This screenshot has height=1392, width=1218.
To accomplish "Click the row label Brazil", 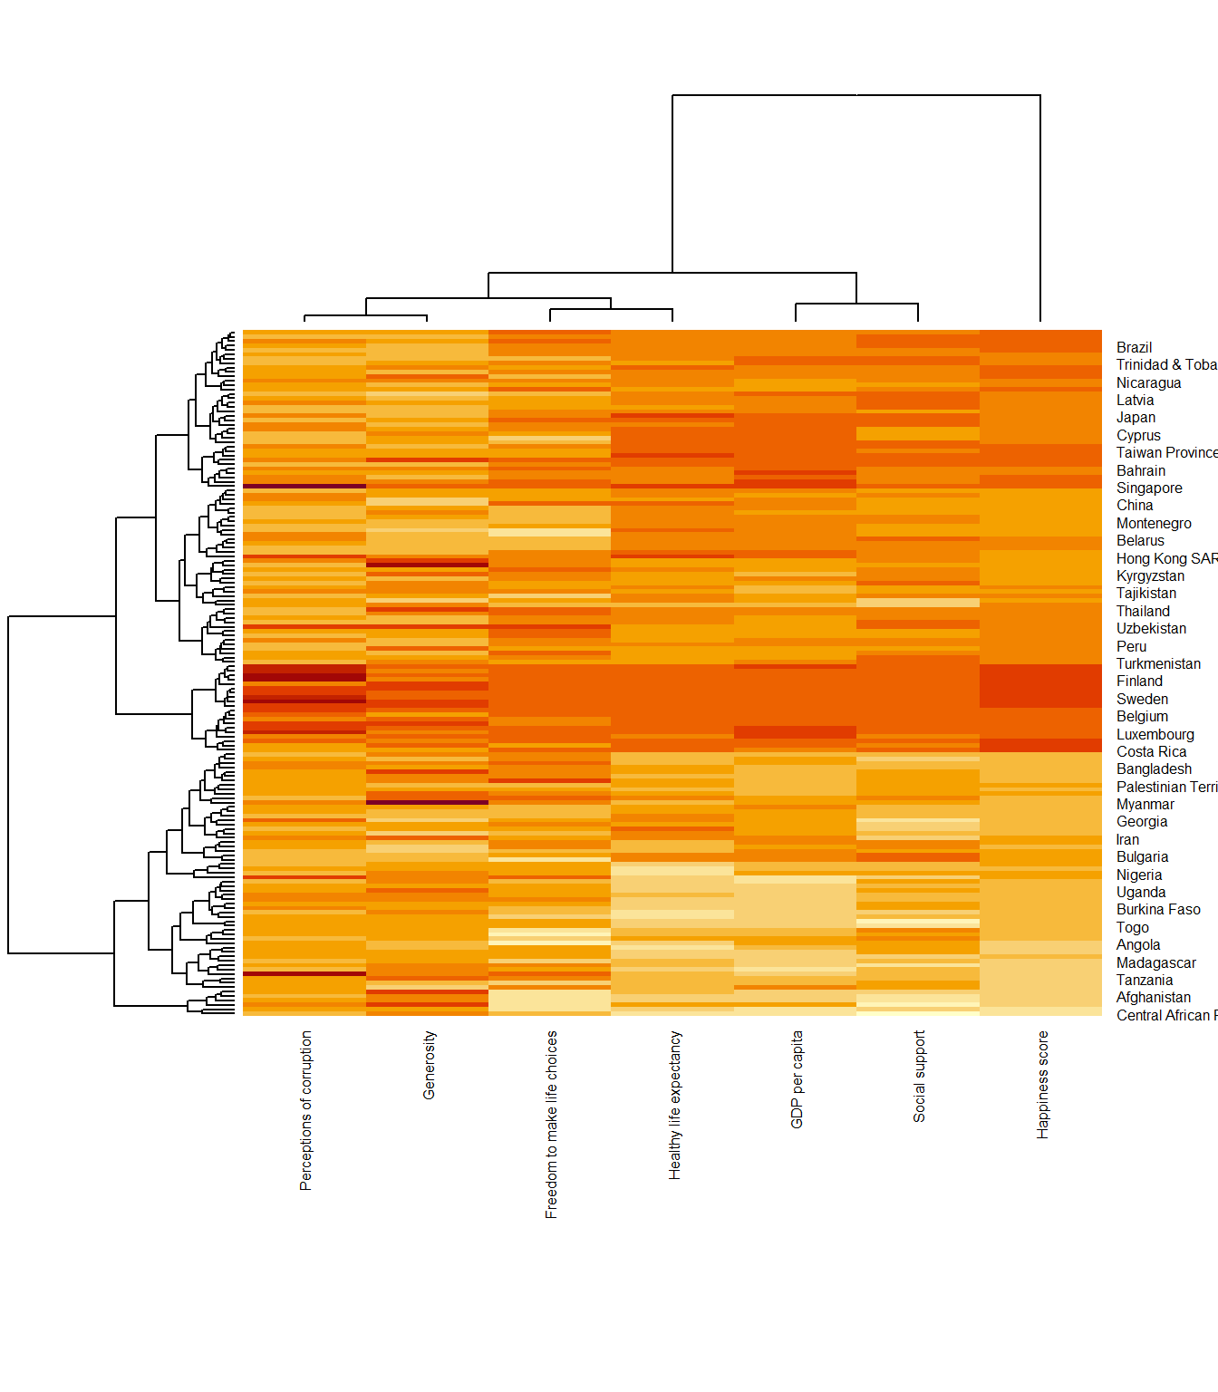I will coord(1134,347).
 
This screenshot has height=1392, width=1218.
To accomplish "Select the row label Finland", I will coord(1139,681).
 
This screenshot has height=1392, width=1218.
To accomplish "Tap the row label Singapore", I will coord(1149,488).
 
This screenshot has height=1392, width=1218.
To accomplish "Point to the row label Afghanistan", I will coord(1154,997).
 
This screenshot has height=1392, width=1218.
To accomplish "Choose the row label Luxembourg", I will coord(1155,734).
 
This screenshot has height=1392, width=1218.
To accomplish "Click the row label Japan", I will coord(1136,417).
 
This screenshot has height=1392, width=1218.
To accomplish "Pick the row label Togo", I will coord(1132,927).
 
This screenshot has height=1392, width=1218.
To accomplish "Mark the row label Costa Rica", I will coord(1151,751).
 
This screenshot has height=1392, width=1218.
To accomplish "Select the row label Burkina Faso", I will coord(1158,909).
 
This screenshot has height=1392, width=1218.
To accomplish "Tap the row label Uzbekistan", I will coord(1151,628).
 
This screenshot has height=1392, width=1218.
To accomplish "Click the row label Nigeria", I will coord(1139,875).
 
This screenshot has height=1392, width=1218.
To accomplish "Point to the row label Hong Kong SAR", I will coord(1166,558).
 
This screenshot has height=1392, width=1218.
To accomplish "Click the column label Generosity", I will coord(430,1065).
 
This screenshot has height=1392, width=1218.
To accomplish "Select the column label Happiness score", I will coord(1043,1084).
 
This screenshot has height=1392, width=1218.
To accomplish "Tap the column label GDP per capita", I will coord(797,1078).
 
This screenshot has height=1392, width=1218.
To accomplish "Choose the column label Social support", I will coord(920,1076).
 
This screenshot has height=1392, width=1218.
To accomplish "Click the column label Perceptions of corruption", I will coord(306,1110).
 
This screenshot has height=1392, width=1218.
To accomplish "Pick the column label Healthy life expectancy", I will coord(675,1105).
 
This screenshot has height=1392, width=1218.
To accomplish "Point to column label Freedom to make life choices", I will coord(552,1124).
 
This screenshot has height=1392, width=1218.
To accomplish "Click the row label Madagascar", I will coord(1155,962).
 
